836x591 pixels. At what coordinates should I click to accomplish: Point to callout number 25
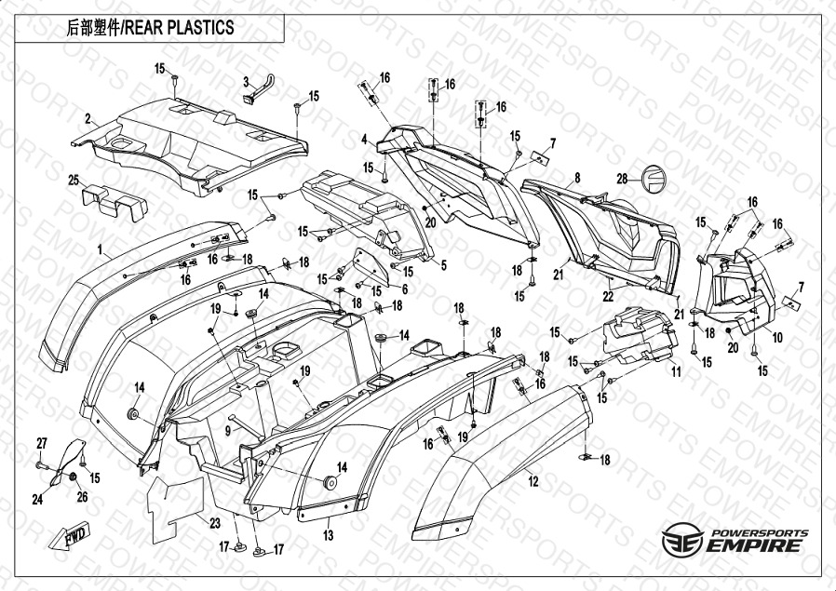72,180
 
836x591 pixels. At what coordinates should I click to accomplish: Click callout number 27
41,441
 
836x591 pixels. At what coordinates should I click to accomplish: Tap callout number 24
37,500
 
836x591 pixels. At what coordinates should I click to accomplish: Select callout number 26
82,497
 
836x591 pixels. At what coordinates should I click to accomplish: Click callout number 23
214,523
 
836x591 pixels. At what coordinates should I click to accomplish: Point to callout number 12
533,482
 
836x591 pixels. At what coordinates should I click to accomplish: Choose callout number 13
328,535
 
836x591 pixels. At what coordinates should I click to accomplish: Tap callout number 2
88,119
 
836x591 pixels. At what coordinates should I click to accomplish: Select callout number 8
577,178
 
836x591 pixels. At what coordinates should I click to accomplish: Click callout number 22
607,297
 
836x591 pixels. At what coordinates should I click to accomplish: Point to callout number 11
677,371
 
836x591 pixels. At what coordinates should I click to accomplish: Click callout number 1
100,250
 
